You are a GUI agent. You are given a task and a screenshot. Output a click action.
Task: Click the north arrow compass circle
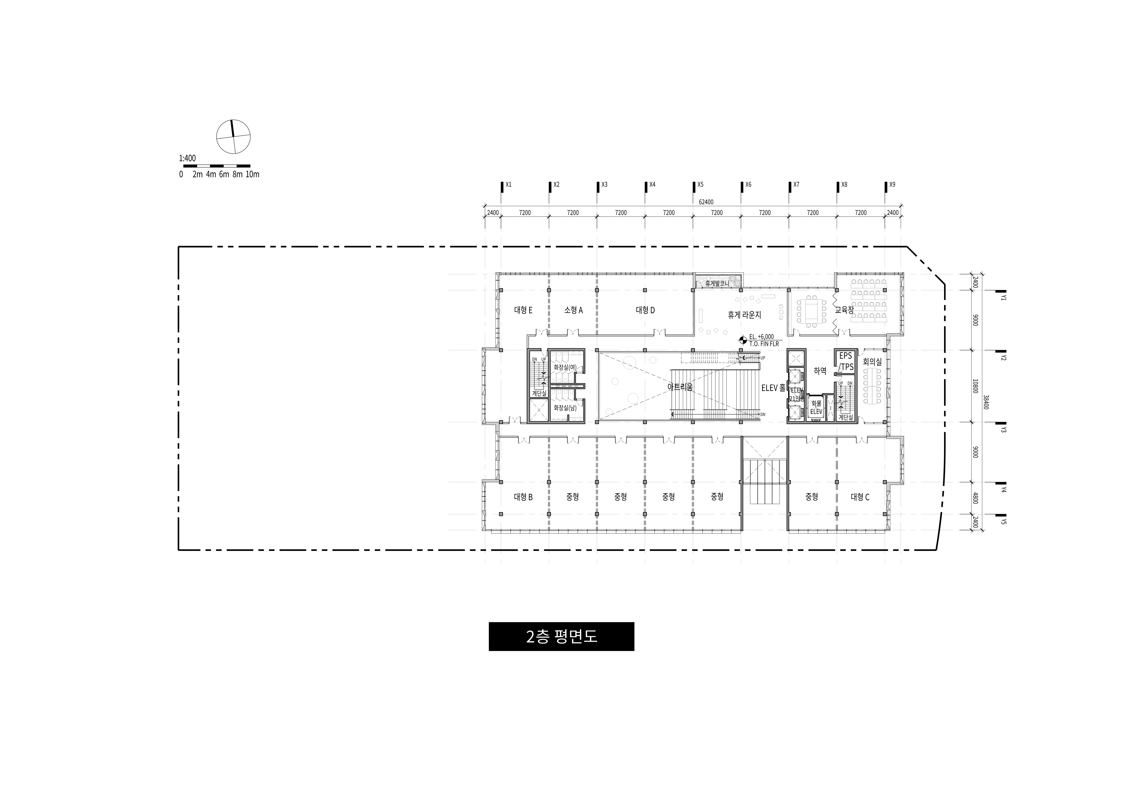233,136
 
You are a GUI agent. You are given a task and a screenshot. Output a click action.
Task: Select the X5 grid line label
700,185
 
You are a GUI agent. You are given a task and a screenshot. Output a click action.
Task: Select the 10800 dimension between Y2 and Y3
975,386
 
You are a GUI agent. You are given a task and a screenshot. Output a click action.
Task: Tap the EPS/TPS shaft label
846,361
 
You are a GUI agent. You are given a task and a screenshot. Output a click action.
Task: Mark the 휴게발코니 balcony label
717,283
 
